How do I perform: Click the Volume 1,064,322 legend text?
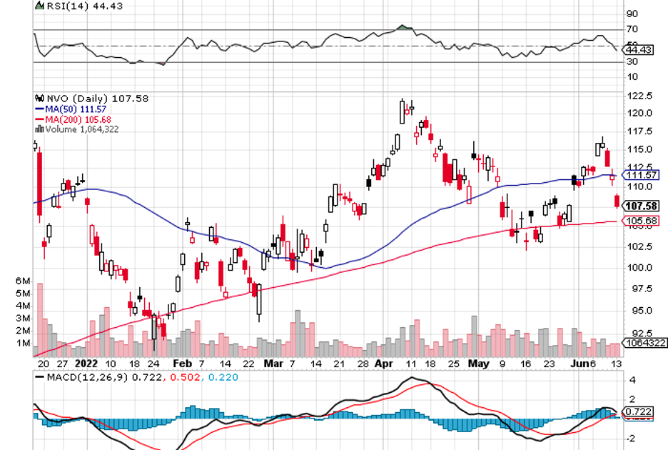click(x=80, y=129)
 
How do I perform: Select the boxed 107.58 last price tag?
click(x=640, y=206)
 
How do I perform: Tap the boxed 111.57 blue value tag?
click(x=640, y=175)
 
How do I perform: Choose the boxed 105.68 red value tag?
click(x=640, y=221)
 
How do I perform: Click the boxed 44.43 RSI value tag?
click(x=638, y=50)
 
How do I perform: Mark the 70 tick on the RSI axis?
click(x=632, y=29)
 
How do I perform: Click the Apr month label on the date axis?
click(x=384, y=364)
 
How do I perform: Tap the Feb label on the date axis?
click(x=183, y=364)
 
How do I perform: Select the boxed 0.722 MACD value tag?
click(x=636, y=412)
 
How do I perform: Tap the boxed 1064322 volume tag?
click(x=642, y=343)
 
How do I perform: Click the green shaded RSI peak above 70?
click(x=404, y=28)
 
